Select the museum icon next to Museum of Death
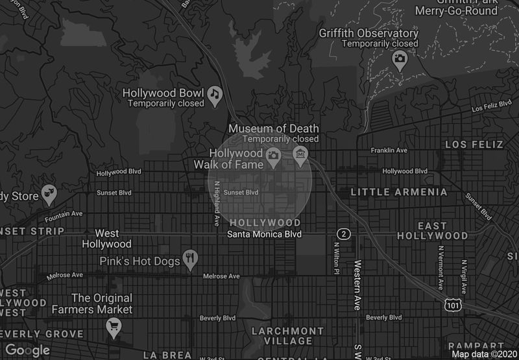tap(300, 155)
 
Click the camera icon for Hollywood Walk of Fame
tap(273, 155)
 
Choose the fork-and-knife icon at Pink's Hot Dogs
tap(190, 257)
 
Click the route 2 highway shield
tap(343, 234)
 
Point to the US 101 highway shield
tap(453, 304)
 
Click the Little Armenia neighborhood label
tap(398, 192)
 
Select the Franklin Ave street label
tap(389, 150)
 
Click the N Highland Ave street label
tap(217, 203)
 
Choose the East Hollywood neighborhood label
tap(432, 230)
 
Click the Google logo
tap(28, 350)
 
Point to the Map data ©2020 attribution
tap(484, 354)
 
